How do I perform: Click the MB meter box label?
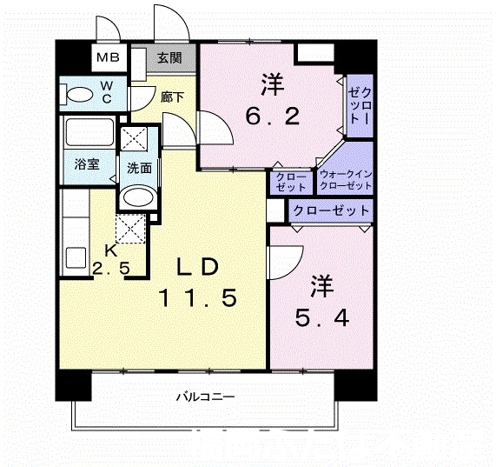click(109, 57)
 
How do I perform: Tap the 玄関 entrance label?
click(169, 58)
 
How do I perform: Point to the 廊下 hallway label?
click(172, 97)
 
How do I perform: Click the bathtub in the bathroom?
click(89, 132)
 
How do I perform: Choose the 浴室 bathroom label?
click(87, 164)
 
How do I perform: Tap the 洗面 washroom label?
click(139, 168)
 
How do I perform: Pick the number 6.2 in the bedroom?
click(273, 117)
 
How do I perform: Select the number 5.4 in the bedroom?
click(322, 317)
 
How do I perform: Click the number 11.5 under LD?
click(198, 298)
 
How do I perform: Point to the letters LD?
click(197, 267)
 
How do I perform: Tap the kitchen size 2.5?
click(111, 269)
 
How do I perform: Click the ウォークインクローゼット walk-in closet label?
click(346, 180)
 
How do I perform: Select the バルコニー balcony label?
click(205, 397)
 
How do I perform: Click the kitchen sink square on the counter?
click(76, 257)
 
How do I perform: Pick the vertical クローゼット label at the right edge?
click(360, 105)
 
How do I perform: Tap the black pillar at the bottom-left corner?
click(73, 385)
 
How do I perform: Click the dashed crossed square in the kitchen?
click(131, 229)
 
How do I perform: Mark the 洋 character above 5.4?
click(322, 286)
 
